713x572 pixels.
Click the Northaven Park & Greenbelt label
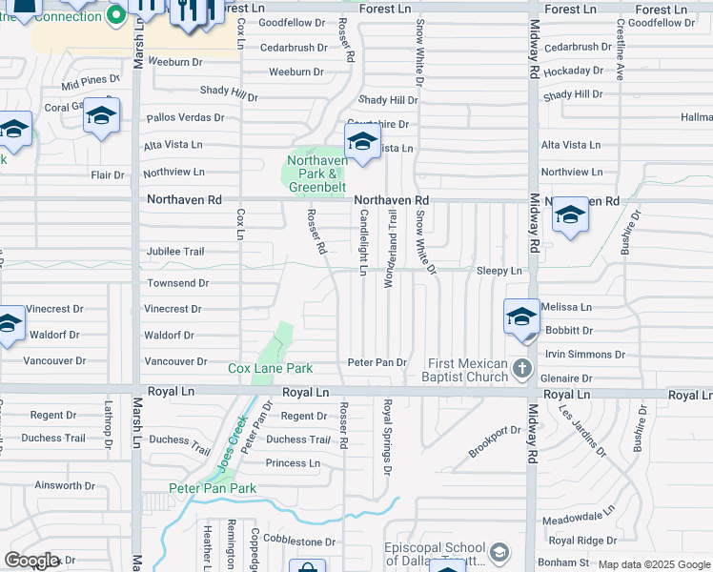(315, 174)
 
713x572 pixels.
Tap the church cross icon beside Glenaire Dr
(521, 368)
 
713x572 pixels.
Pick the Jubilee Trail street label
(174, 252)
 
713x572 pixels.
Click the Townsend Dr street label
(177, 283)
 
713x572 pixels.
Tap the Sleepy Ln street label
(499, 272)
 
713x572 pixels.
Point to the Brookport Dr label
(495, 441)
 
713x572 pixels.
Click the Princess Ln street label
(293, 463)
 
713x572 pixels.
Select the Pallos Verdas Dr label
(185, 118)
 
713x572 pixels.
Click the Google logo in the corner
(31, 561)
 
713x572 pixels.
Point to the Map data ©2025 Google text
(653, 564)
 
